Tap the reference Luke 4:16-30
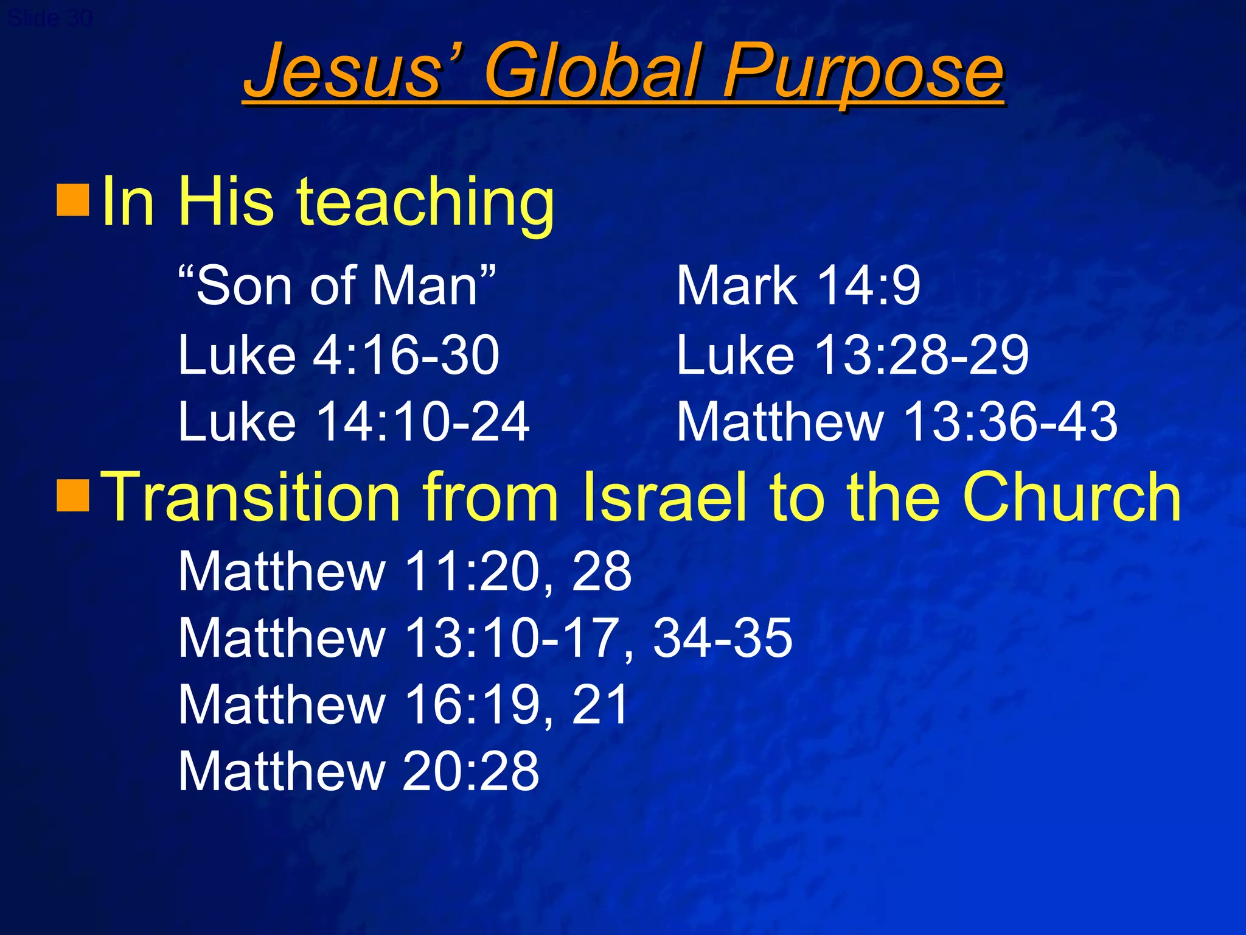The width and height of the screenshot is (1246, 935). point(338,354)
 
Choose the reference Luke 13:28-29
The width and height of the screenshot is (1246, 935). point(852,354)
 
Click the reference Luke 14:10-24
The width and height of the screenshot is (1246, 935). point(353,421)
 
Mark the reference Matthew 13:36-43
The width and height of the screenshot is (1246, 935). point(897,421)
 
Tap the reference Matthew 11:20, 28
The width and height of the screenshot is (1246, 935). point(405,571)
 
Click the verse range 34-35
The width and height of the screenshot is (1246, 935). point(722,637)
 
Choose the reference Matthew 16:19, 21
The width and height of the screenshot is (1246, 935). point(403,704)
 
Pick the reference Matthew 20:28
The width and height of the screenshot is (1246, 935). point(358,771)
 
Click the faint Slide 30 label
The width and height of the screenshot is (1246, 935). point(50,18)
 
